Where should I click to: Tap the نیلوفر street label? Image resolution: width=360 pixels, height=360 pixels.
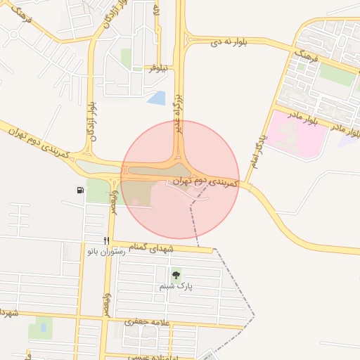tap(157, 68)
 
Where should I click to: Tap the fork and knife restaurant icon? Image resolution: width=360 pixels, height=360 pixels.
tap(106, 240)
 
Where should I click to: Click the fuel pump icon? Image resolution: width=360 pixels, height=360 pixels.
tap(80, 190)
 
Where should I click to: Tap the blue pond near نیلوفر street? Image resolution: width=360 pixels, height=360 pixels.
tap(157, 98)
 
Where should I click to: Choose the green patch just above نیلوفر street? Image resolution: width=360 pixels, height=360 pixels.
tap(127, 58)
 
